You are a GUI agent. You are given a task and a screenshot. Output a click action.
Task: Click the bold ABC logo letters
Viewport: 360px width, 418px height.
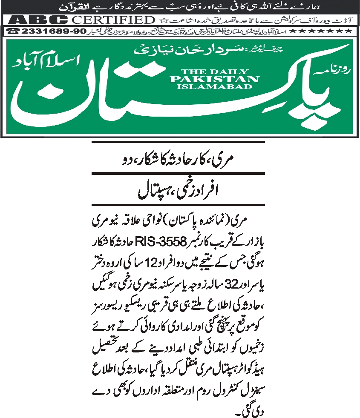click(x=39, y=20)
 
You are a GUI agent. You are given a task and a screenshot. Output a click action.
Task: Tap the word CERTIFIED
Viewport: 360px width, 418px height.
click(x=112, y=20)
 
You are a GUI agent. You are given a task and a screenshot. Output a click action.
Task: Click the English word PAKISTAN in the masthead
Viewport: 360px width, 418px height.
click(x=214, y=79)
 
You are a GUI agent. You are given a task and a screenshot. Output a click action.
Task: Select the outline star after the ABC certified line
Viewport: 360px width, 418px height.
click(x=161, y=20)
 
